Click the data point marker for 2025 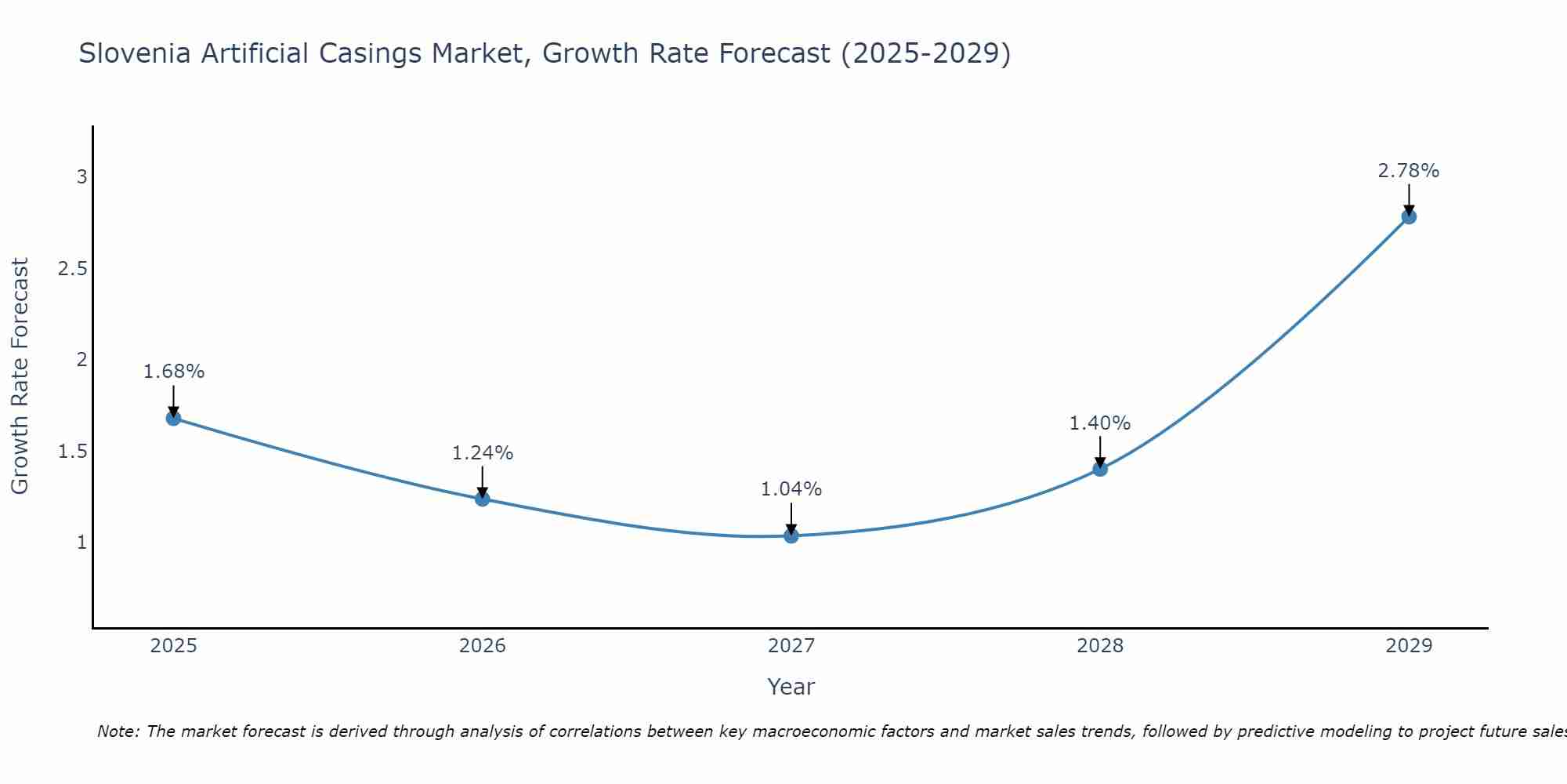point(173,418)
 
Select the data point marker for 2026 point(483,499)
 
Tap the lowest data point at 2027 point(791,535)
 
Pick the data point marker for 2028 point(1100,469)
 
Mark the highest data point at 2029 point(1409,216)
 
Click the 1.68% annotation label point(173,372)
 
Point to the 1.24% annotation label point(483,453)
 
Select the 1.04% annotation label point(791,489)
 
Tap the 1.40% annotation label point(1100,423)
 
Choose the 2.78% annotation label point(1409,171)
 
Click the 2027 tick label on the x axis point(791,646)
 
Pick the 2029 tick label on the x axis point(1409,646)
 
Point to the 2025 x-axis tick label point(173,646)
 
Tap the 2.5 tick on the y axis point(72,269)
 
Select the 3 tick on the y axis point(81,177)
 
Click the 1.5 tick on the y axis point(72,452)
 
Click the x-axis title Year point(791,687)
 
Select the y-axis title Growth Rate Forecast point(20,376)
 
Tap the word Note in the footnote point(118,731)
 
